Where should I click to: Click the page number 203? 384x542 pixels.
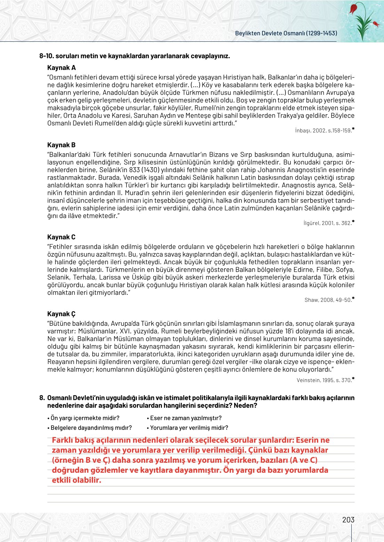pos(348,520)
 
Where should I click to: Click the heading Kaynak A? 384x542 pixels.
pos(62,68)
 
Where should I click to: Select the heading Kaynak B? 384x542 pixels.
pos(62,145)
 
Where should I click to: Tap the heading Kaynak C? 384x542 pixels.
pos(62,237)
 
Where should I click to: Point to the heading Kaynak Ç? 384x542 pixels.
pos(62,314)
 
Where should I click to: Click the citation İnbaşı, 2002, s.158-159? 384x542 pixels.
pos(325,131)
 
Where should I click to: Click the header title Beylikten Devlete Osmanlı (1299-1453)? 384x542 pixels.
pos(286,33)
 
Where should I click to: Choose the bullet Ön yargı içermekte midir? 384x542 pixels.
pos(83,418)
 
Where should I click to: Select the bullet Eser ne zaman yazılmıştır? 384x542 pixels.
pos(184,418)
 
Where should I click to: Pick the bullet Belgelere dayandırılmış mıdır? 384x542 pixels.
pos(89,428)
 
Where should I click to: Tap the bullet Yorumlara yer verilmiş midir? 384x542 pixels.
pos(188,428)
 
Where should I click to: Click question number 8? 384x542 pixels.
pos(42,398)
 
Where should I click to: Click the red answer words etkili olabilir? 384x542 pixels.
pos(76,480)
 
